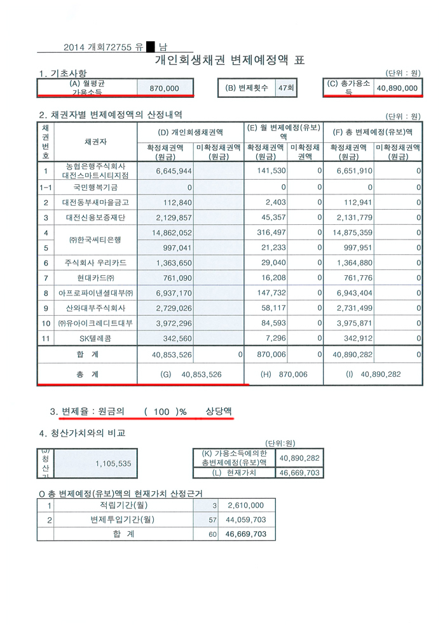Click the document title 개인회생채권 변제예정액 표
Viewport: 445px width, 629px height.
(229, 60)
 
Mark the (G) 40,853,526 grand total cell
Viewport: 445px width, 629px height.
(191, 374)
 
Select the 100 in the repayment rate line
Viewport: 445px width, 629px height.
(161, 412)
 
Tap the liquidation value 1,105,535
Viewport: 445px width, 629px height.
(113, 464)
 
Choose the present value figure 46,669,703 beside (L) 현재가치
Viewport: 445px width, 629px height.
(299, 473)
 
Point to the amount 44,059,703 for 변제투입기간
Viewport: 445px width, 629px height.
(245, 520)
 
